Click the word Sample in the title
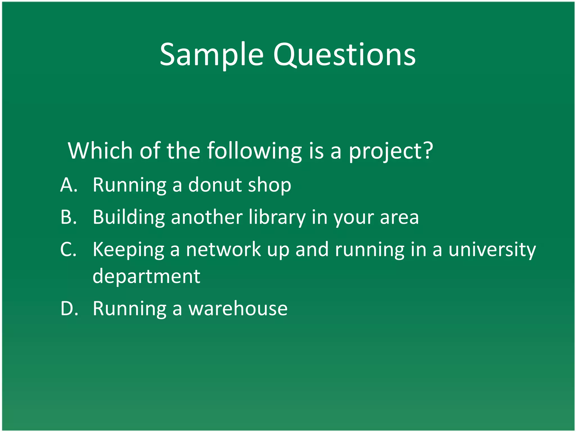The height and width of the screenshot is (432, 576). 211,55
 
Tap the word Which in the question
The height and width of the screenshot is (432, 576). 100,151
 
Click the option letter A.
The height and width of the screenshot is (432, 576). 69,185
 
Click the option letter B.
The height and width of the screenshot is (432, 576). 69,217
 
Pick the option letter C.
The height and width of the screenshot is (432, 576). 68,249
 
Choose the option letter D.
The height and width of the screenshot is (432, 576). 69,309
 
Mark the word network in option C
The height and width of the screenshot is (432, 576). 223,249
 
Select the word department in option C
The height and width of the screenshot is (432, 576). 146,276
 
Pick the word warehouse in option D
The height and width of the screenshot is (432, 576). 238,309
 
